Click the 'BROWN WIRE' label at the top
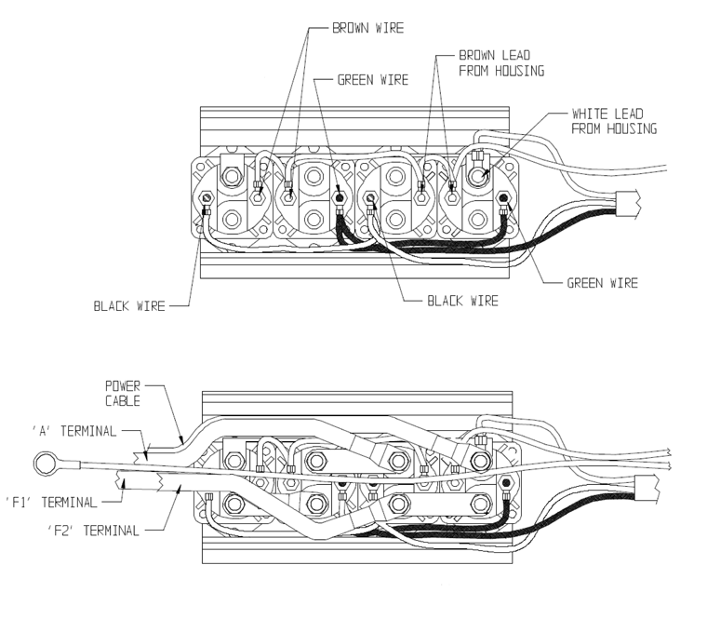click(367, 29)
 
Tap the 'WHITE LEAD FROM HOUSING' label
click(614, 121)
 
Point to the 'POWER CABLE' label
click(123, 392)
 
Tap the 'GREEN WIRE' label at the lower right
click(602, 283)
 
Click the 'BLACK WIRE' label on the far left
click(128, 305)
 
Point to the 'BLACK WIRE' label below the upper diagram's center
click(462, 301)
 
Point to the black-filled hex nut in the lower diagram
click(505, 484)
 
